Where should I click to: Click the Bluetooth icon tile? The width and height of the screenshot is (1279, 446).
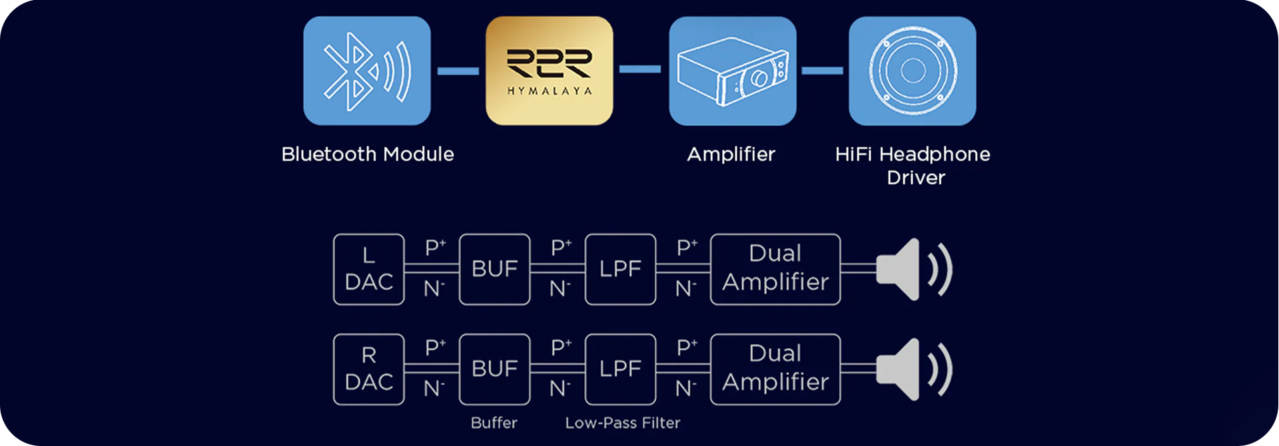pos(367,71)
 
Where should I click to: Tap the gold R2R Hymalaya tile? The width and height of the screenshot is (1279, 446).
pos(549,71)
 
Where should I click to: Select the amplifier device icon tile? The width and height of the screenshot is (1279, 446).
pos(732,71)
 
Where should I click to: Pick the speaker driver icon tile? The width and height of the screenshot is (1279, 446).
pos(912,71)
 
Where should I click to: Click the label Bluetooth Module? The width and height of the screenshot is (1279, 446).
pos(368,154)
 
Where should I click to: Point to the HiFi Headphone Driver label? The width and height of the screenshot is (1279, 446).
pos(913,166)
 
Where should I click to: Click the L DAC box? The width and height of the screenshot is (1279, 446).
pos(368,269)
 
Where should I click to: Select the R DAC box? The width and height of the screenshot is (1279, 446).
pos(368,369)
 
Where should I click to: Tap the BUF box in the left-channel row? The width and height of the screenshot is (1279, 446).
pos(494,269)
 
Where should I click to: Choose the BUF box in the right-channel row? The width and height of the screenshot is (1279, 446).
pos(494,369)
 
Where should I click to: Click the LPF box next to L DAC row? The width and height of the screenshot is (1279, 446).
pos(620,269)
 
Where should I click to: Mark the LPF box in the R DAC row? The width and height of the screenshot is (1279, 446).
pos(620,369)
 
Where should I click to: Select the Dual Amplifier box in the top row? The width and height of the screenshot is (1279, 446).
pos(775,269)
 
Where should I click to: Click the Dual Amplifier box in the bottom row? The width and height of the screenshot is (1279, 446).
pos(775,369)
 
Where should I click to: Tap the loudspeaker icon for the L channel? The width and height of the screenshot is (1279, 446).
pos(913,269)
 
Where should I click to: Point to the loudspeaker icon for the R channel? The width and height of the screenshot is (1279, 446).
pos(913,369)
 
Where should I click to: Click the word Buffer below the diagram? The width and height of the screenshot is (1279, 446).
pos(494,423)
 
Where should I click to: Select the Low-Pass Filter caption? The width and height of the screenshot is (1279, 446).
pos(623,423)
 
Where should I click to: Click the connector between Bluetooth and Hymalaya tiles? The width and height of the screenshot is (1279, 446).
pos(458,71)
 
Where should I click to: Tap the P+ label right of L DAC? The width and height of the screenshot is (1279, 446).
pos(435,248)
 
